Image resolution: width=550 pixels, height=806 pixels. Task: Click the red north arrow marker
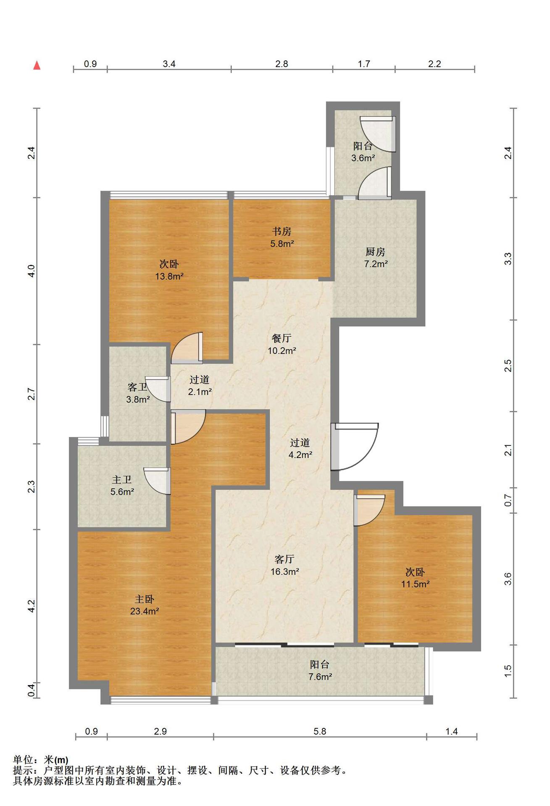(x=37, y=65)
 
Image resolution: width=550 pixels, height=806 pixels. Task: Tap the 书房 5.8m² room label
(x=282, y=237)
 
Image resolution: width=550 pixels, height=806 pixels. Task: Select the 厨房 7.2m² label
(x=376, y=258)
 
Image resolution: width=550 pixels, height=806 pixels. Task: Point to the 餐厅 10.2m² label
(x=282, y=344)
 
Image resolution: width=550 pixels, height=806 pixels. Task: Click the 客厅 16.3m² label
(x=284, y=565)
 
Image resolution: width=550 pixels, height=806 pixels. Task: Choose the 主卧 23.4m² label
(x=144, y=605)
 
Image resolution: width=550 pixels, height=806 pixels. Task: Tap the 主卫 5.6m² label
(x=122, y=485)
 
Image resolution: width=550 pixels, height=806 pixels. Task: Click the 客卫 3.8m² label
(x=138, y=393)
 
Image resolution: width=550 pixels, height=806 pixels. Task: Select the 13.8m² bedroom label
(x=169, y=270)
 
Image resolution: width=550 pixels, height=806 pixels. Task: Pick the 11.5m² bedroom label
(x=415, y=578)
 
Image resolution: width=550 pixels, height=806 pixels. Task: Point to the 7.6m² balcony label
(x=320, y=670)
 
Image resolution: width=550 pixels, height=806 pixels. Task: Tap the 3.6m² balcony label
(x=363, y=152)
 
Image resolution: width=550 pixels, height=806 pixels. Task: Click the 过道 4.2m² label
(x=300, y=448)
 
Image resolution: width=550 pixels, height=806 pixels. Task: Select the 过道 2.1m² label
(x=200, y=386)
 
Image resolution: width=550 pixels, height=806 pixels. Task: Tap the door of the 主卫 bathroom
(x=158, y=480)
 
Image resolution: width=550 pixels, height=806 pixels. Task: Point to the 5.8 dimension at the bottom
(x=320, y=731)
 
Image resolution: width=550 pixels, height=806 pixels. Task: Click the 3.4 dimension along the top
(x=169, y=64)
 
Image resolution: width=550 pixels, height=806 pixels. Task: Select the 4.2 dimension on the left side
(x=32, y=606)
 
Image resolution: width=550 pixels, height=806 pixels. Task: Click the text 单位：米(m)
(x=41, y=759)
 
